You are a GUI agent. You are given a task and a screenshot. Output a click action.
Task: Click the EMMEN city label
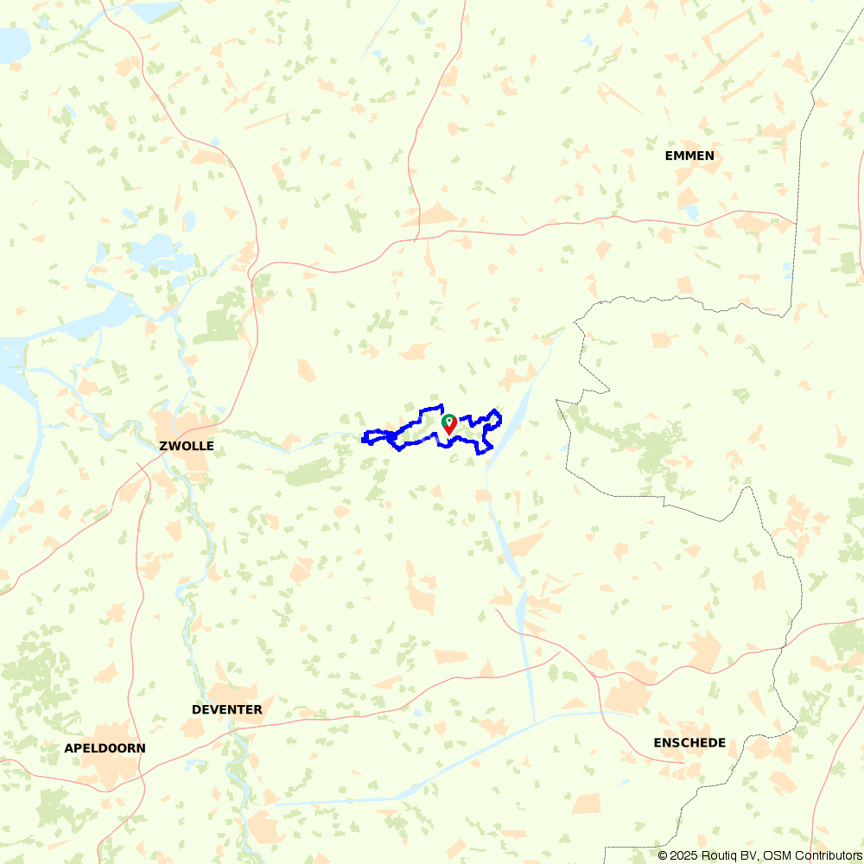coord(689,156)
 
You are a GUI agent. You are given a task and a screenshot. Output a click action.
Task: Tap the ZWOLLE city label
coord(186,447)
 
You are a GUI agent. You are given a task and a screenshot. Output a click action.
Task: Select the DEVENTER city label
coord(226,709)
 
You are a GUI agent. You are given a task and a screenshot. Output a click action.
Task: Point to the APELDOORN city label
coord(105,748)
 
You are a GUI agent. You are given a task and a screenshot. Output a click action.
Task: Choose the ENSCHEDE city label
coord(689,743)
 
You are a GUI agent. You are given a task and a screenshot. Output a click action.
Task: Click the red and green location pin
coord(449,424)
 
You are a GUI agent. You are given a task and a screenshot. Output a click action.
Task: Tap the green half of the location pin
coord(448,421)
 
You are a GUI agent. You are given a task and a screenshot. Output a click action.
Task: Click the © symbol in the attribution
coord(663,855)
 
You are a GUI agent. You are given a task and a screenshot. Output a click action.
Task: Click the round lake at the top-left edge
coord(13,43)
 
